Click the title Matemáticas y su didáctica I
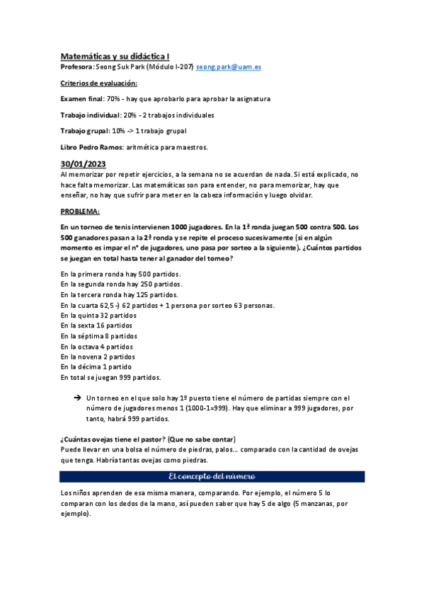[x=114, y=55]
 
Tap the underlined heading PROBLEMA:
[x=80, y=211]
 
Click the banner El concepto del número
[x=212, y=476]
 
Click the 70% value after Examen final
[x=113, y=99]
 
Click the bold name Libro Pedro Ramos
[x=91, y=146]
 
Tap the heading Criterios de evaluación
[x=99, y=83]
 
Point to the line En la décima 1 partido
[x=96, y=367]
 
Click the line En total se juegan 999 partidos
[x=110, y=377]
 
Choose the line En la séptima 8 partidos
[x=99, y=336]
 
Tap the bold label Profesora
[x=76, y=67]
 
